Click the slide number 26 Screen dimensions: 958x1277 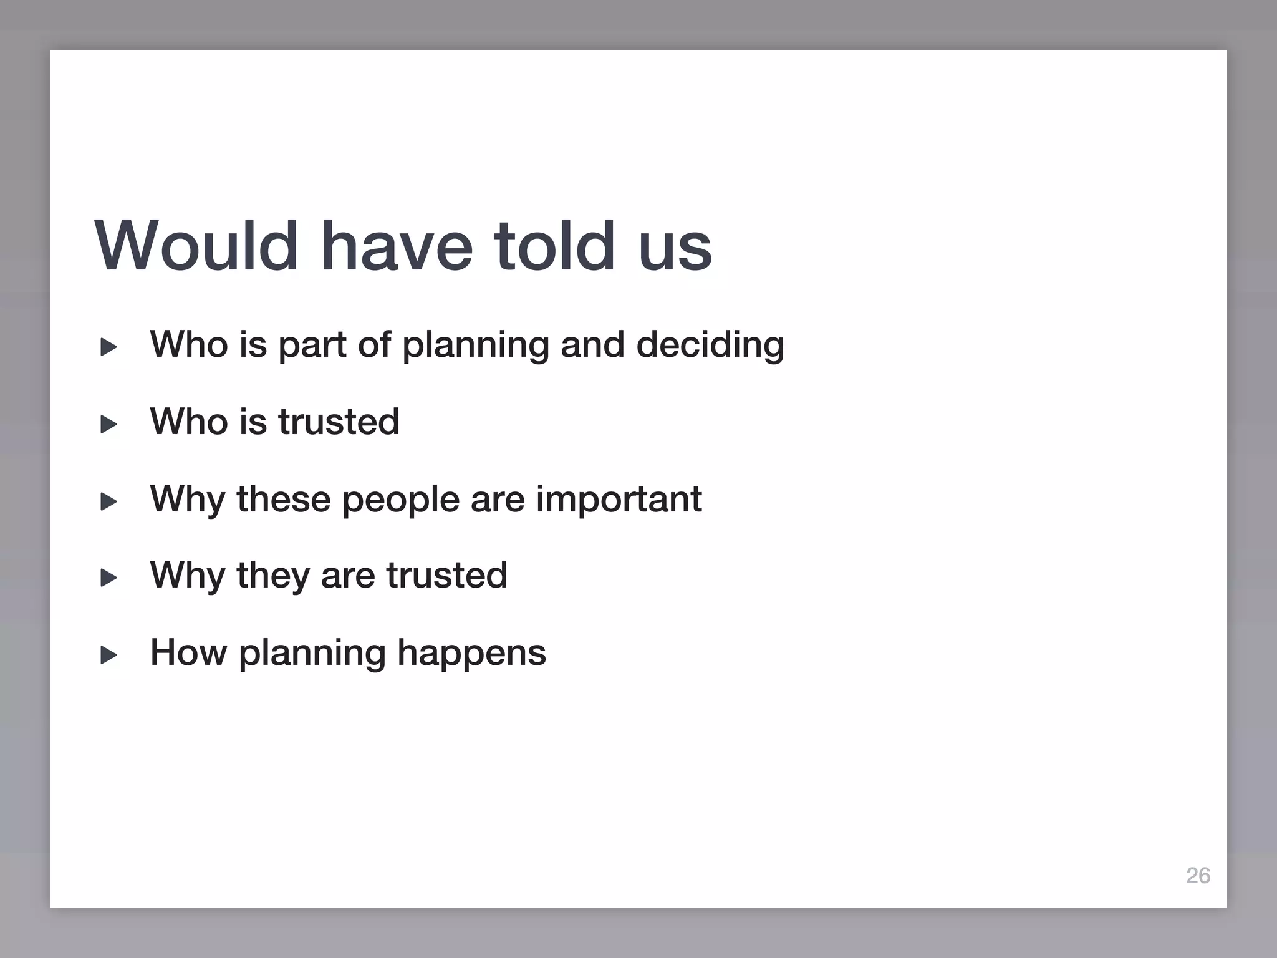coord(1198,876)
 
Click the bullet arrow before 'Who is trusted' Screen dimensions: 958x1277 coord(108,425)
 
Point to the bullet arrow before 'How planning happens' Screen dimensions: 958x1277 coord(108,655)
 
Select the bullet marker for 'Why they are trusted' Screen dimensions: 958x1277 coord(108,578)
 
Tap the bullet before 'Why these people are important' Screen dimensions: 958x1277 coord(108,501)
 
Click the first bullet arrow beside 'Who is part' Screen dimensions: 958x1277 coord(108,347)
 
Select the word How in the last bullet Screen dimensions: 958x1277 coord(188,652)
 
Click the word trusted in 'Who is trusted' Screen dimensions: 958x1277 coord(338,422)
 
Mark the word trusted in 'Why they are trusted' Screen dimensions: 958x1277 coord(446,575)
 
